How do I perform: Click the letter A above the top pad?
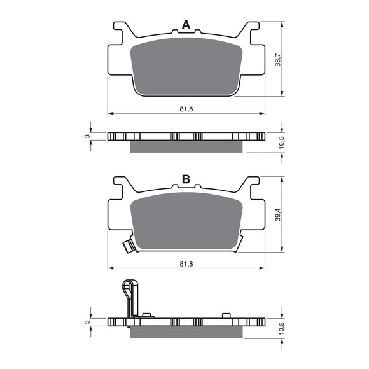(x=186, y=25)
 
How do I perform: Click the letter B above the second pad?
(x=186, y=179)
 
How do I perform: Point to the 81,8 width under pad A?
(x=186, y=109)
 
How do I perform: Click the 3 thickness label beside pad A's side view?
(x=87, y=136)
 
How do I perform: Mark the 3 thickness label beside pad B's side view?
(x=87, y=322)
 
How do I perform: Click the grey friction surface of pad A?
(x=186, y=67)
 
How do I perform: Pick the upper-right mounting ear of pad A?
(x=253, y=31)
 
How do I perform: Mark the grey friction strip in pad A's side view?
(x=186, y=147)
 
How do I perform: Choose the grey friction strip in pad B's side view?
(x=186, y=333)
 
